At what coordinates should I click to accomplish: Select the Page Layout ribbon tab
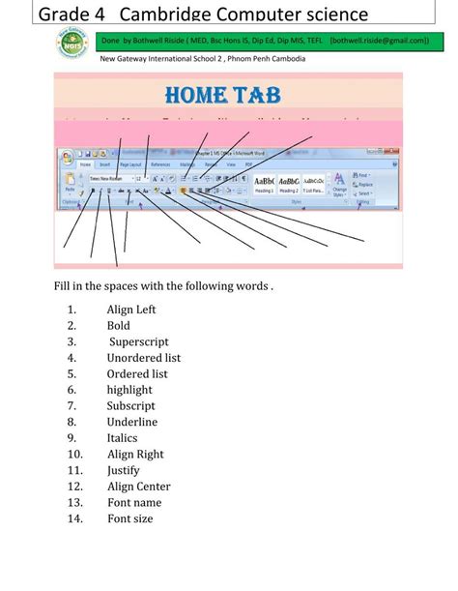[x=130, y=165]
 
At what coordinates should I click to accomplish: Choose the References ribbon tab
[x=160, y=165]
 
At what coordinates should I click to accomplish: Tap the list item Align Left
[x=131, y=310]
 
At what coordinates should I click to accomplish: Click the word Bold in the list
[x=119, y=326]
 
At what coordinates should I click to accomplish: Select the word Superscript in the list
[x=139, y=341]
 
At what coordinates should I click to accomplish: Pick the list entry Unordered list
[x=144, y=358]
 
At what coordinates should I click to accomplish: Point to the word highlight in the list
[x=129, y=390]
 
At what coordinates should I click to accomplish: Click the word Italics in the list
[x=123, y=438]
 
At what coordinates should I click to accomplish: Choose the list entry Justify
[x=124, y=470]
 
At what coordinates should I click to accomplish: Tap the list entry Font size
[x=130, y=518]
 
